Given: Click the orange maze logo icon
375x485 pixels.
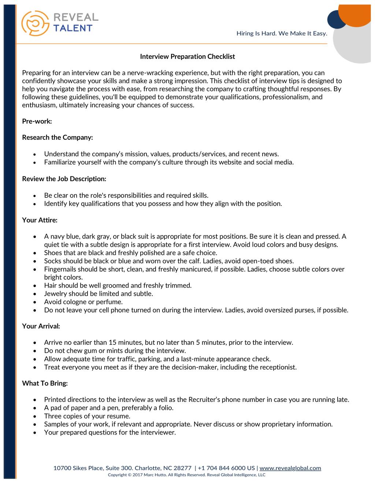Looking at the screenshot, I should point(35,23).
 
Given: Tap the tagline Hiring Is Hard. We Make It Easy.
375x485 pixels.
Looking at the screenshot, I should point(282,34).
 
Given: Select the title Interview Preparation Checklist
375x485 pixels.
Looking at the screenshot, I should point(187,57).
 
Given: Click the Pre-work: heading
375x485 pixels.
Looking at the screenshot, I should point(37,121).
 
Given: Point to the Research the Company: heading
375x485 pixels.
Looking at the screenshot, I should point(57,138).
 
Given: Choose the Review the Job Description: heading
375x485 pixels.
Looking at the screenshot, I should point(64,179).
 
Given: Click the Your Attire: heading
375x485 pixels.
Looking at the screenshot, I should point(40,220).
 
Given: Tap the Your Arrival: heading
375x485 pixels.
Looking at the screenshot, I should point(41,326).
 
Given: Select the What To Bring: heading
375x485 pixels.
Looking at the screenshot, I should point(45,383).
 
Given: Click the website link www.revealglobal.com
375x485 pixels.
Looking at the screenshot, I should point(290,468).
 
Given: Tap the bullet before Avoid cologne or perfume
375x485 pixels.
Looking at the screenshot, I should point(35,302).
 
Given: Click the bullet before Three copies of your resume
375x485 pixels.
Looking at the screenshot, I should point(35,417).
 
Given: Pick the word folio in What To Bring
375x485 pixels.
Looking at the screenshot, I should point(166,408).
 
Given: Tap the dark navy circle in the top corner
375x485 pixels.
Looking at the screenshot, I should point(336,19).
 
